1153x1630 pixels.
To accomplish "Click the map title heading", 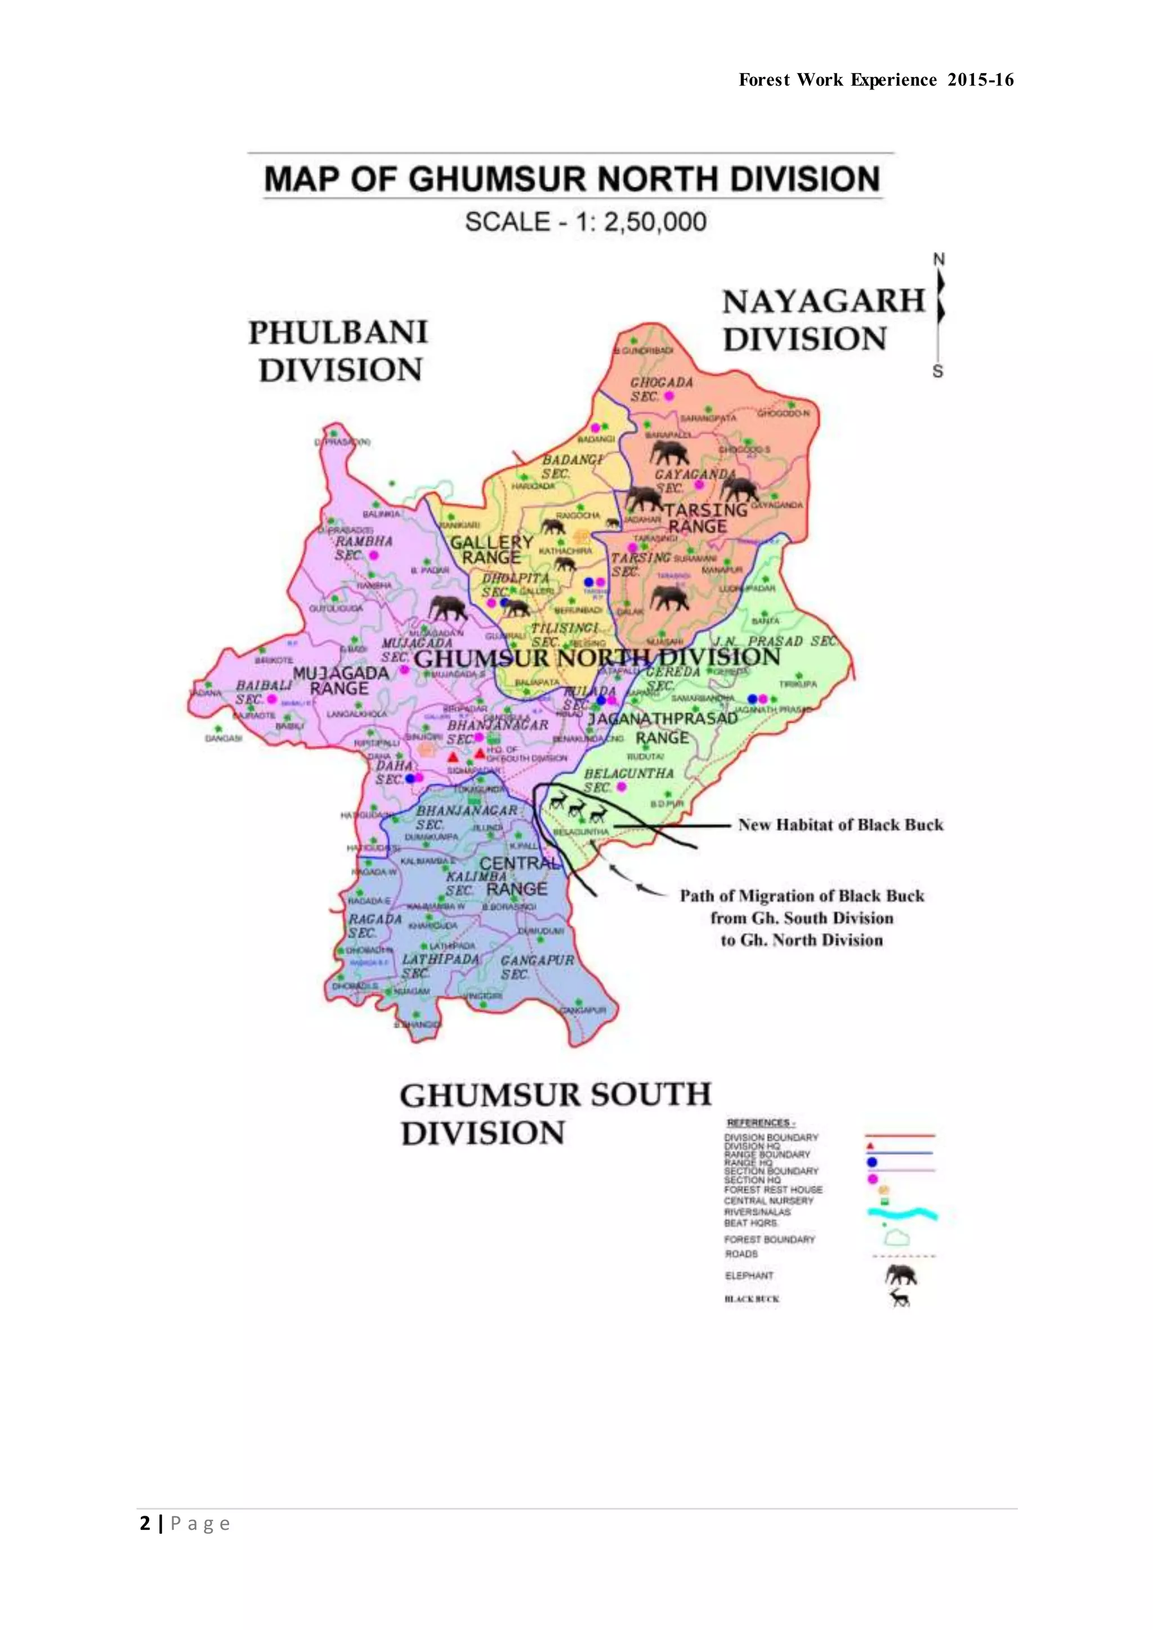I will (x=572, y=178).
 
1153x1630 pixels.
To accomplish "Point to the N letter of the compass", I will (x=939, y=260).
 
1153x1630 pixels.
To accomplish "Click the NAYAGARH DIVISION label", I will (x=824, y=320).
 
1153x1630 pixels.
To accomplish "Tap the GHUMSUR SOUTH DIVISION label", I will (x=555, y=1113).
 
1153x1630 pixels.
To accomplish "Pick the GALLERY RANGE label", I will (x=491, y=549).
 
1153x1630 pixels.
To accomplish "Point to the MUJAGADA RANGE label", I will (x=340, y=680).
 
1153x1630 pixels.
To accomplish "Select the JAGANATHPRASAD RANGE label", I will (x=663, y=728).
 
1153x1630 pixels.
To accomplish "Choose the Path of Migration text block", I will (x=802, y=918).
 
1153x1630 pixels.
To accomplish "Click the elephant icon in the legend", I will (x=901, y=1275).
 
